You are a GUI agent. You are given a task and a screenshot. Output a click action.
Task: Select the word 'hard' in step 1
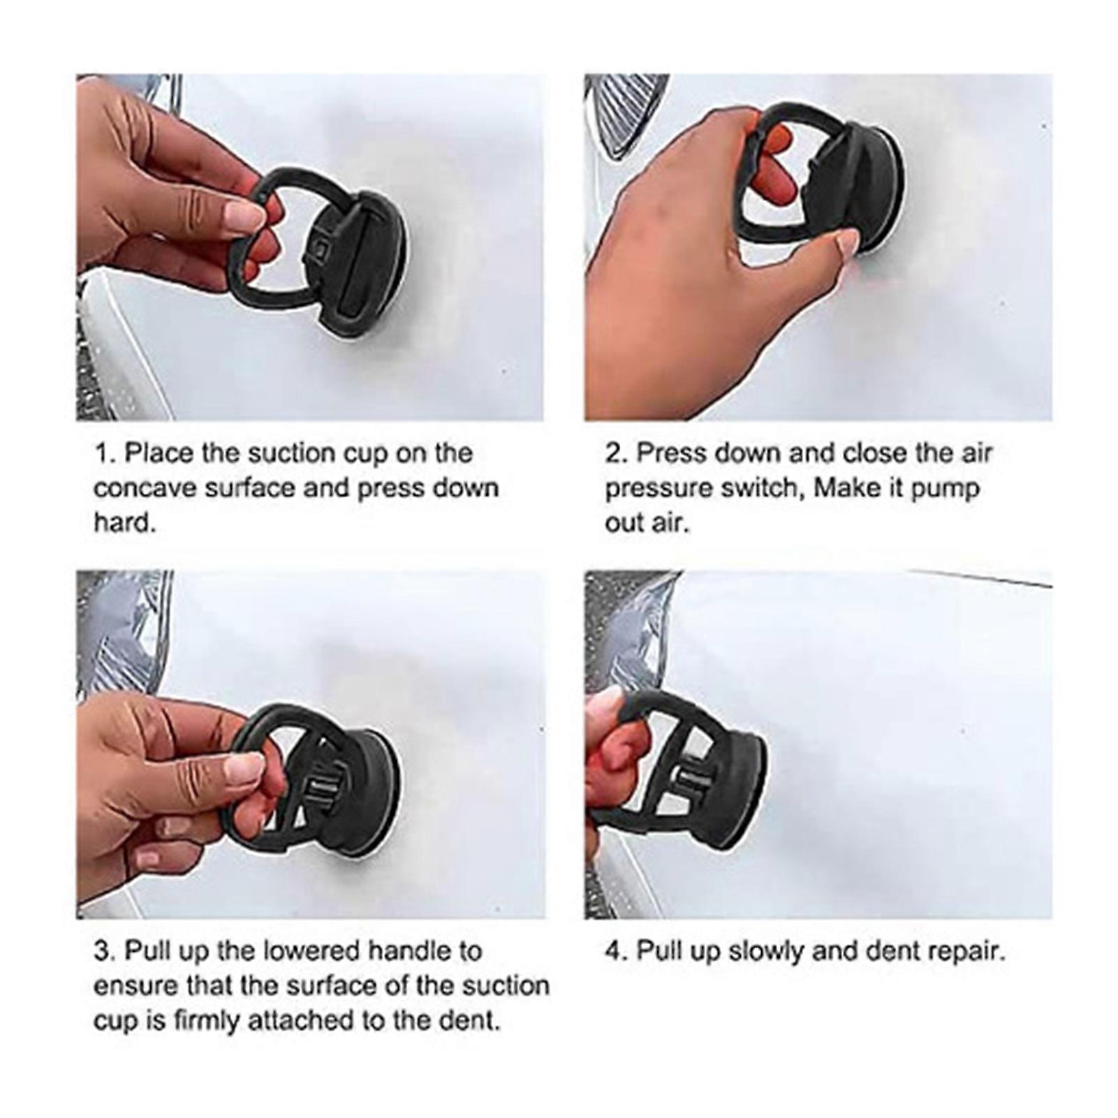[120, 522]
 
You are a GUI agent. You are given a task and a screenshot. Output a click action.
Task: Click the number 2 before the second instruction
[612, 454]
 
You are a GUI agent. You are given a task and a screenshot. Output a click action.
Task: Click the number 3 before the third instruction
[101, 951]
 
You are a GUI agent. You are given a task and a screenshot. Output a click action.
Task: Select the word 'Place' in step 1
[159, 454]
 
